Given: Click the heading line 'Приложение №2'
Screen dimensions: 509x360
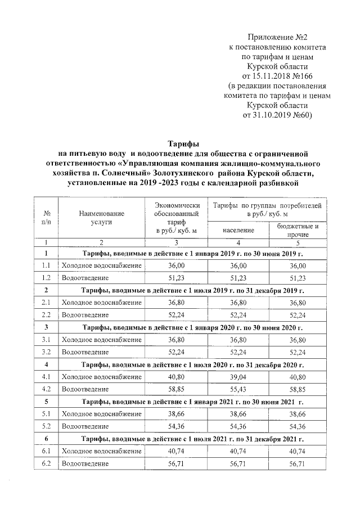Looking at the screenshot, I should click(x=280, y=37).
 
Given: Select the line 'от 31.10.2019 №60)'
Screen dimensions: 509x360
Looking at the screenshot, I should click(x=280, y=115).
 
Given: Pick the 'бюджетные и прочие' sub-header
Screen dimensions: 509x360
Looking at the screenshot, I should click(x=298, y=230).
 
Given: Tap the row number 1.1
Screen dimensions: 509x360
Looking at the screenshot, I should click(x=47, y=265).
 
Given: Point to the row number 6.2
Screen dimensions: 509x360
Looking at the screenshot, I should click(x=47, y=463).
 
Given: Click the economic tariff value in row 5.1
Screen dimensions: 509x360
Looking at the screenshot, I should click(x=177, y=413).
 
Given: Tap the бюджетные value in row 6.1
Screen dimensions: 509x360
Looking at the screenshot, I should click(x=298, y=451).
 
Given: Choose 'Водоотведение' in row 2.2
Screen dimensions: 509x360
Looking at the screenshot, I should click(x=85, y=315).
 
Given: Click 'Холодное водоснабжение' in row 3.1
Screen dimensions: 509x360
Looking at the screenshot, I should click(x=101, y=340).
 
